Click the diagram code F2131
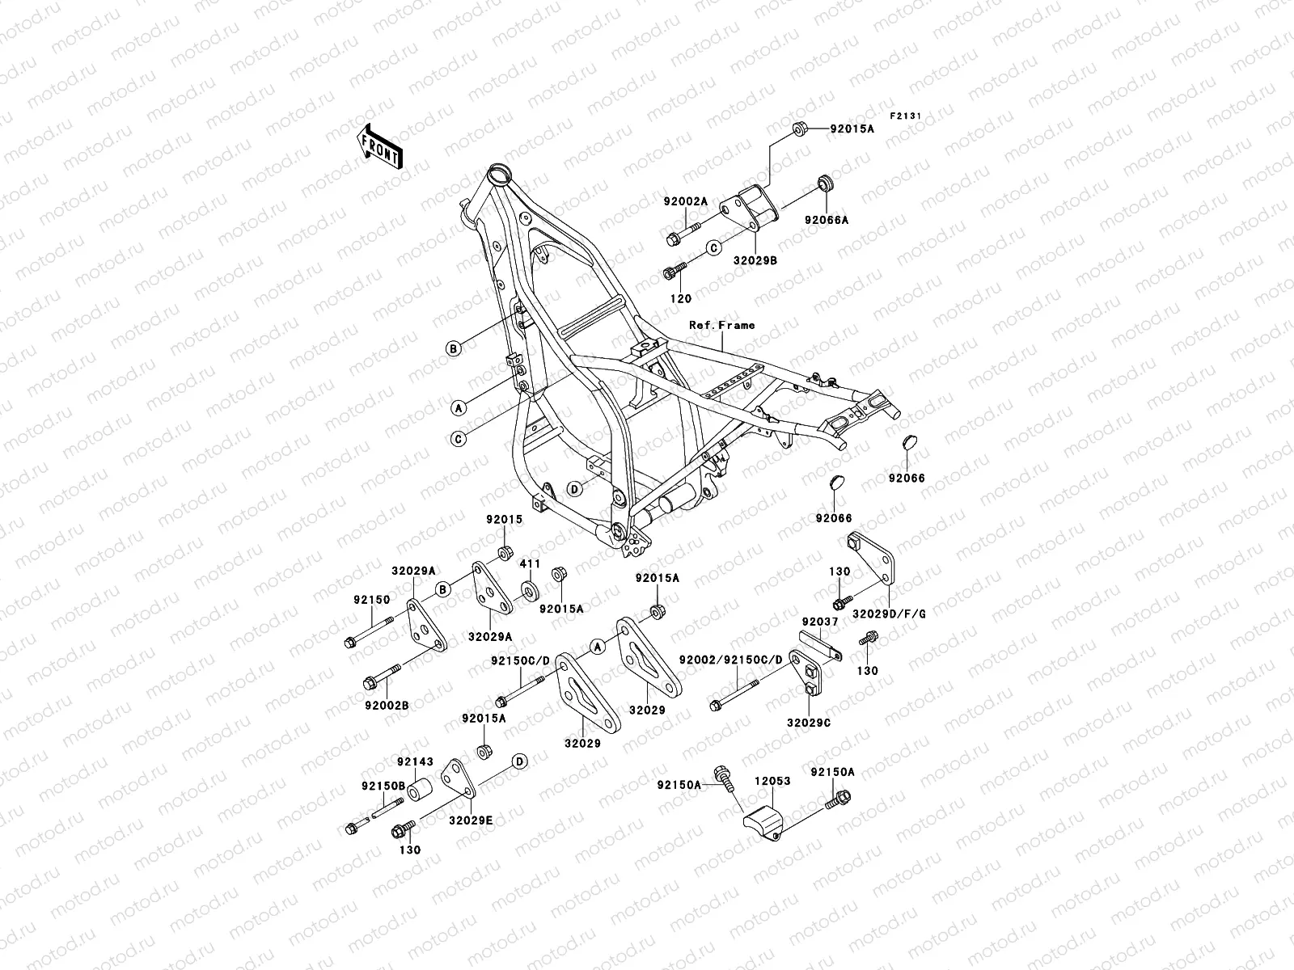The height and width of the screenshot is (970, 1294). tap(906, 116)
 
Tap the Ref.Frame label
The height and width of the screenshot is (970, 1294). tap(721, 326)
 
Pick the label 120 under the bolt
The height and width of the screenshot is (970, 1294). tap(681, 298)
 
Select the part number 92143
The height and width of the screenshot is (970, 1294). tap(415, 761)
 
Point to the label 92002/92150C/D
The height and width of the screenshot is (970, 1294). tap(730, 660)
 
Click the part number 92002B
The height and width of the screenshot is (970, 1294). tap(386, 705)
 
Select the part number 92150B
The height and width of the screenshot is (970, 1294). tap(377, 786)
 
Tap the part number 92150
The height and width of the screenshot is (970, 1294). tap(371, 601)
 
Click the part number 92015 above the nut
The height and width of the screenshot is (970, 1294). tap(505, 520)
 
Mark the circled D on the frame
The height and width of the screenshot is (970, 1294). tap(574, 489)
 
